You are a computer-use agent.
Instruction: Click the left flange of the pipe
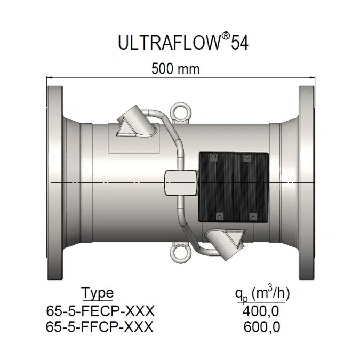click(x=54, y=182)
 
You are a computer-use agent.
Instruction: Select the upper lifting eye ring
click(x=177, y=111)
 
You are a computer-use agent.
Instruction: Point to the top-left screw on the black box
click(x=213, y=158)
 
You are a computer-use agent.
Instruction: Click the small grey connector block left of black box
click(x=181, y=183)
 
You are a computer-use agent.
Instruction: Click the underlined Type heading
click(x=97, y=293)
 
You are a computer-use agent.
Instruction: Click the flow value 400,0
click(x=261, y=310)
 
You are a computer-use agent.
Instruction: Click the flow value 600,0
click(x=261, y=327)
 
